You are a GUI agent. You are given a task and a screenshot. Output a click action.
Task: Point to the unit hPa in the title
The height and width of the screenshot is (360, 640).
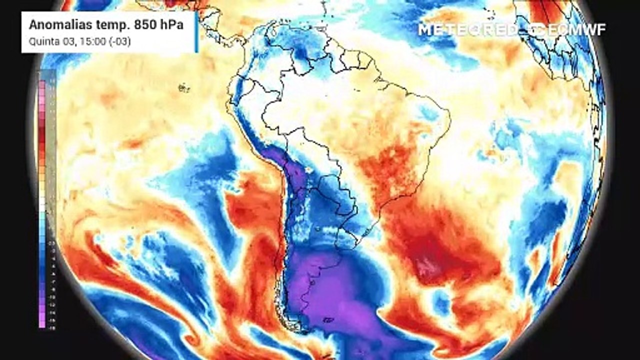click(x=168, y=25)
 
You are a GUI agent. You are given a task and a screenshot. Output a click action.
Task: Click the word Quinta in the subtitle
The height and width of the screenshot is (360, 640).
click(x=41, y=41)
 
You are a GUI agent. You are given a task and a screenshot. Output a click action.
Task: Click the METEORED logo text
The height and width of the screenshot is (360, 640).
click(x=468, y=29)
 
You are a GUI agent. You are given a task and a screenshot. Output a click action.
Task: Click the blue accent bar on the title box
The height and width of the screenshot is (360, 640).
click(x=196, y=32)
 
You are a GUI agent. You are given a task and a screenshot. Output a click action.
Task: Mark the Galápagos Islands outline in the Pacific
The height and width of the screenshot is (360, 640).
click(x=184, y=88)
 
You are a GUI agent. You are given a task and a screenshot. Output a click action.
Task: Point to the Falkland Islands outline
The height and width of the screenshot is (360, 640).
click(x=328, y=319)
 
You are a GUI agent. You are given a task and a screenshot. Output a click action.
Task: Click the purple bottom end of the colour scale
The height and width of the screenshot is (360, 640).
click(x=42, y=322)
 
